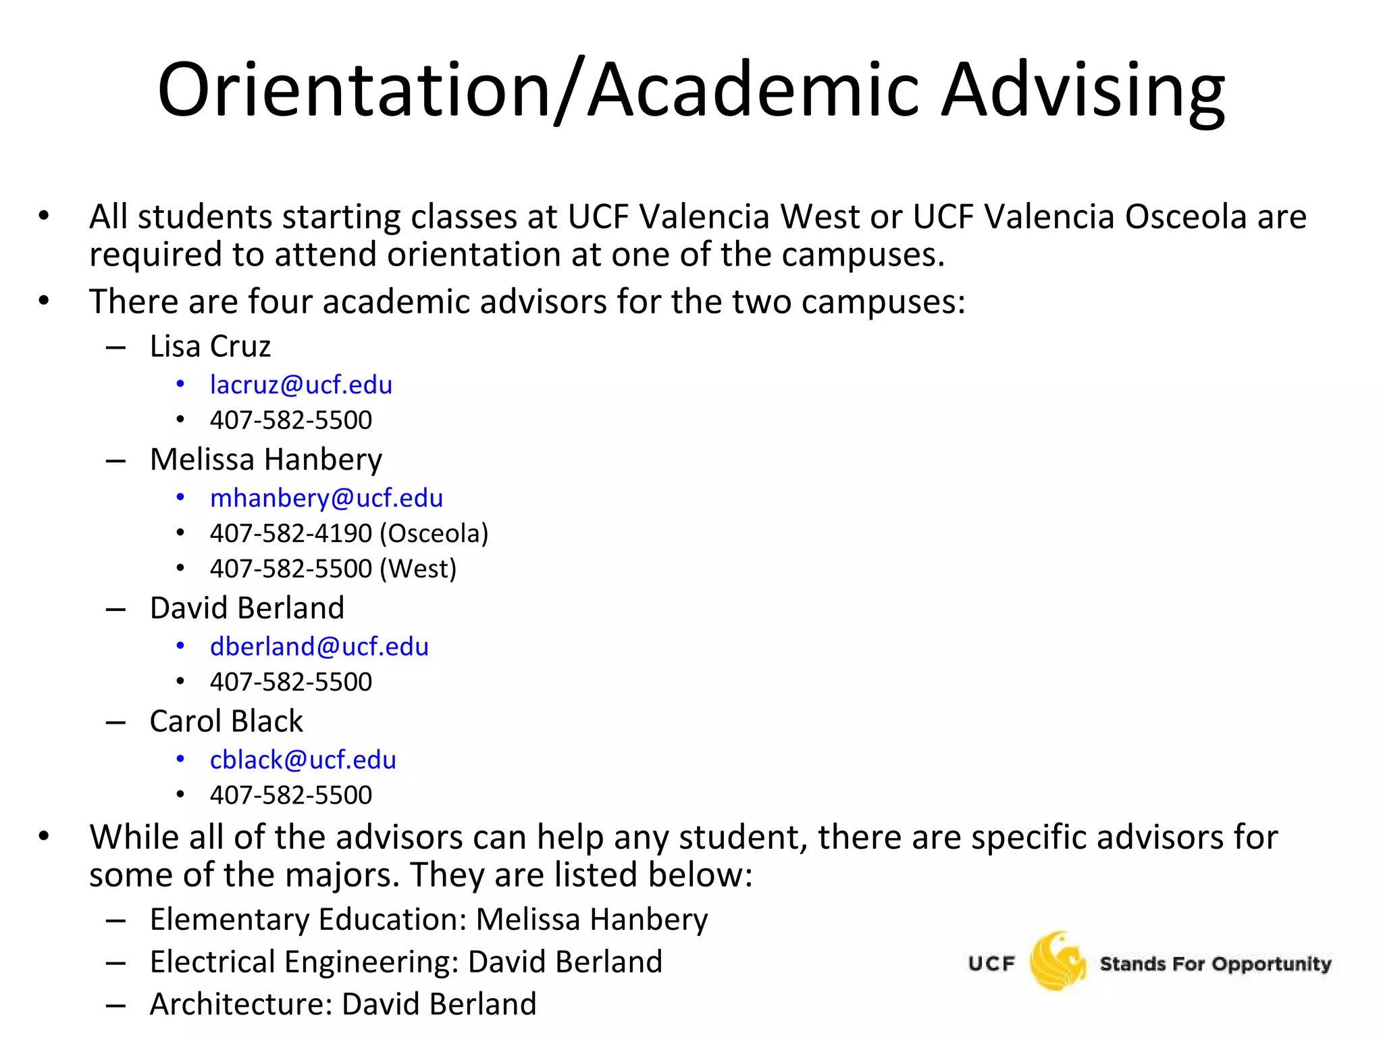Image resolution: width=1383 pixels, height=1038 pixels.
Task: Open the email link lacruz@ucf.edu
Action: (301, 385)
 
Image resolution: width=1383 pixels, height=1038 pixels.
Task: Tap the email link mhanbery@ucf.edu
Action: (326, 498)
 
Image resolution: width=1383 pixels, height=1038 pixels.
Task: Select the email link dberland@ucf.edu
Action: (319, 647)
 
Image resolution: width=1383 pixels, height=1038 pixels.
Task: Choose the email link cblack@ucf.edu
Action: (303, 760)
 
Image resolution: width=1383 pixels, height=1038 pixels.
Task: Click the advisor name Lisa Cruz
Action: (210, 347)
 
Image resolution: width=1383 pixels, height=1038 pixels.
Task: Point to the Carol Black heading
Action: (226, 721)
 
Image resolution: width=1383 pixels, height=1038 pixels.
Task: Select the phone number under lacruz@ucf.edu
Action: (290, 420)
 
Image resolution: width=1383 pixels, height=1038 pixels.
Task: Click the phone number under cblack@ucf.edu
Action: (290, 795)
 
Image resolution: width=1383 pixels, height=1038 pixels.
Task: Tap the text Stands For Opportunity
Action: (1215, 964)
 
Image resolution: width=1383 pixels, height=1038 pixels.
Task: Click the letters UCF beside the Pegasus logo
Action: (991, 964)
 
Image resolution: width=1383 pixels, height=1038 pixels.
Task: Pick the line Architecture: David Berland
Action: (342, 1004)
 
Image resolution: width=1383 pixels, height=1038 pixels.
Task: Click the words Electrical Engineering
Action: (304, 962)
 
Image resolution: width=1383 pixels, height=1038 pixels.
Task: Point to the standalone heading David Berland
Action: (246, 608)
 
